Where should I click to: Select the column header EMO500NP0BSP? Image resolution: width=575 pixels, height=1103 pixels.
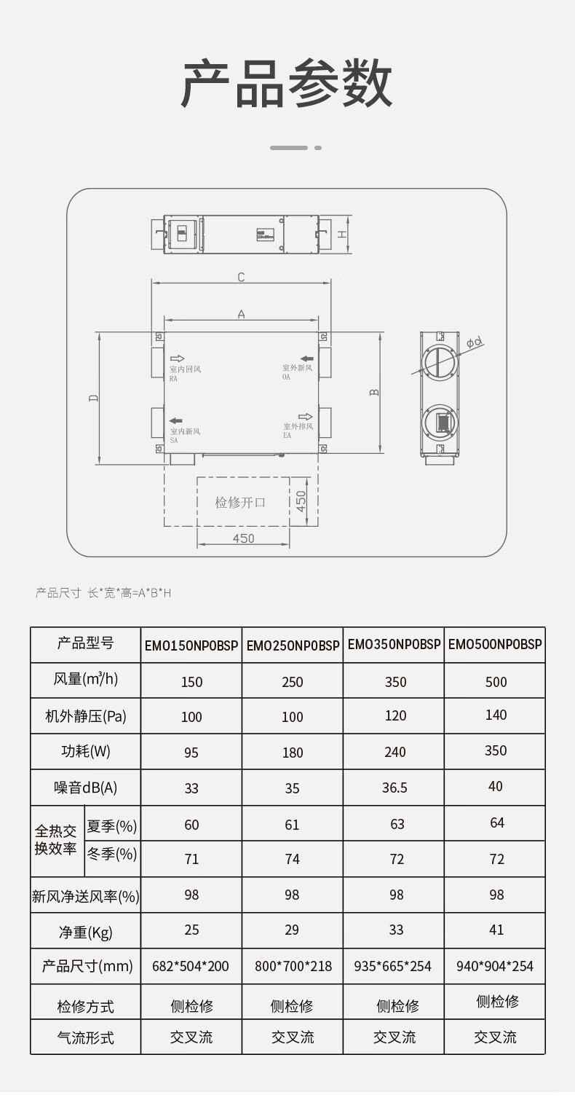tap(495, 644)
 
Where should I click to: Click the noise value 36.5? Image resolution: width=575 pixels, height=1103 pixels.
tap(394, 788)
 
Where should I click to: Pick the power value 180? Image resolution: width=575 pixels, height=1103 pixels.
tap(293, 753)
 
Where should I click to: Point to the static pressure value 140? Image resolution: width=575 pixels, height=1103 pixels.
tap(496, 715)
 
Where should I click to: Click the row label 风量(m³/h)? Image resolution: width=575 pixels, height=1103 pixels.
tap(86, 680)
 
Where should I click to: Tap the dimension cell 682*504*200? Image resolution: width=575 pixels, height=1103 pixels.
tap(191, 966)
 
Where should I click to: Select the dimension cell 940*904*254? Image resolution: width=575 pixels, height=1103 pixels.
tap(495, 966)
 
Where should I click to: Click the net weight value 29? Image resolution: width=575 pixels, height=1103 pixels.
tap(293, 930)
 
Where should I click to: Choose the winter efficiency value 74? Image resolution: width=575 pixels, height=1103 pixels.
tap(293, 859)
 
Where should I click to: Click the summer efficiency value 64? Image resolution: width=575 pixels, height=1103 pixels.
tap(496, 823)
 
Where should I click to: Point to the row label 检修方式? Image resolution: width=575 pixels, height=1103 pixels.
tap(86, 1007)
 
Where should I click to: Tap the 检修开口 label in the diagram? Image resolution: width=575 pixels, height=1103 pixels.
tap(240, 502)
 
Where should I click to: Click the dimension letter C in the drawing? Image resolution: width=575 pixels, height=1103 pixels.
tap(241, 277)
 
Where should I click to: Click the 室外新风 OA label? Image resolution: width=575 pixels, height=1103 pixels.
tap(298, 372)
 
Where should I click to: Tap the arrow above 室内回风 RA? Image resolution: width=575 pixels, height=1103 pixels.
tap(177, 358)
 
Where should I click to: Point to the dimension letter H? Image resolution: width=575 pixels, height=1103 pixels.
tap(342, 234)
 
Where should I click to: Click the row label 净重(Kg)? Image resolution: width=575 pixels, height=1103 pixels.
tap(86, 932)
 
